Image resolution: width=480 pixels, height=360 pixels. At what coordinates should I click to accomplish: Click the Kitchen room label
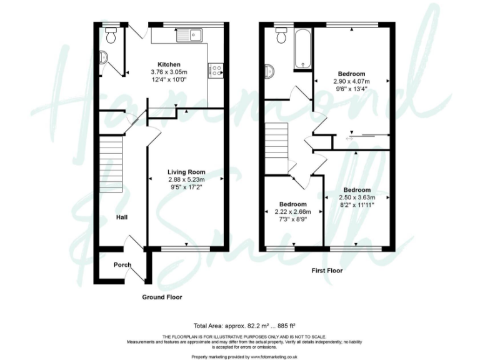point(169,64)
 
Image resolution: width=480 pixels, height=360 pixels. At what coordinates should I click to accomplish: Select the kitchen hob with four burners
point(219,70)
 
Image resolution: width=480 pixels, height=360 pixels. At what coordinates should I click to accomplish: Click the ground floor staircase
point(111,166)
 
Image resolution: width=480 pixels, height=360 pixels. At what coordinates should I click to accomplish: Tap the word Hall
point(122,217)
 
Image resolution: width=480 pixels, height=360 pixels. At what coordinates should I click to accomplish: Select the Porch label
point(122,265)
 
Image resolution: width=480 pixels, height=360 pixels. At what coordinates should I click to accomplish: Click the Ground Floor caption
point(162,297)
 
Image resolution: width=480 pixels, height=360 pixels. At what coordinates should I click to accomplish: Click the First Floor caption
point(326,271)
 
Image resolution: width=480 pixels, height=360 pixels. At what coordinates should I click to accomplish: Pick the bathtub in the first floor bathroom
point(301,48)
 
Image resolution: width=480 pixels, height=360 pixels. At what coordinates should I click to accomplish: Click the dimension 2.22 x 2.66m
point(292,212)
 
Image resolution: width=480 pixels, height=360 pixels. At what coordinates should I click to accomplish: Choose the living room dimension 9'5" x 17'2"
point(186,186)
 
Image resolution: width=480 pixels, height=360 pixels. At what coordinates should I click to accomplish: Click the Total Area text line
point(244,326)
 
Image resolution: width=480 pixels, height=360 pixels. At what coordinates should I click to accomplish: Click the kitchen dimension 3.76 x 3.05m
point(169,72)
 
